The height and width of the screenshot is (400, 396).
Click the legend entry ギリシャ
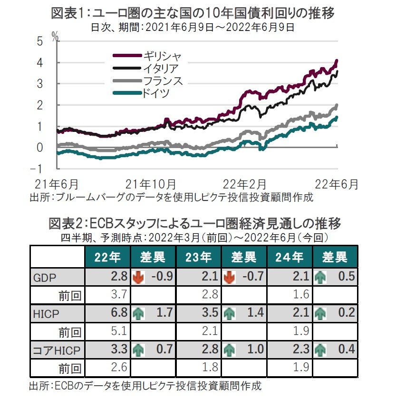pyautogui.click(x=162, y=56)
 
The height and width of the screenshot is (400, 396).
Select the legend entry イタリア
pyautogui.click(x=162, y=69)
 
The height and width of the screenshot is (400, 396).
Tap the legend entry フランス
pyautogui.click(x=162, y=81)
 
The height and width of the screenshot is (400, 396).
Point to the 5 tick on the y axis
pyautogui.click(x=40, y=41)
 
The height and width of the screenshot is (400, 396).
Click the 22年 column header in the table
pyautogui.click(x=107, y=258)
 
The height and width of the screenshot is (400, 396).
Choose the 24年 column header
pyautogui.click(x=290, y=258)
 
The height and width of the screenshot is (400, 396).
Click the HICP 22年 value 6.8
pyautogui.click(x=119, y=313)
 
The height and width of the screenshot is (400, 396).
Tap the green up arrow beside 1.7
pyautogui.click(x=138, y=313)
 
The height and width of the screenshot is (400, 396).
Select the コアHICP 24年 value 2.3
pyautogui.click(x=301, y=350)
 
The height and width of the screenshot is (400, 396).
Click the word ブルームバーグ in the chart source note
pyautogui.click(x=87, y=197)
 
